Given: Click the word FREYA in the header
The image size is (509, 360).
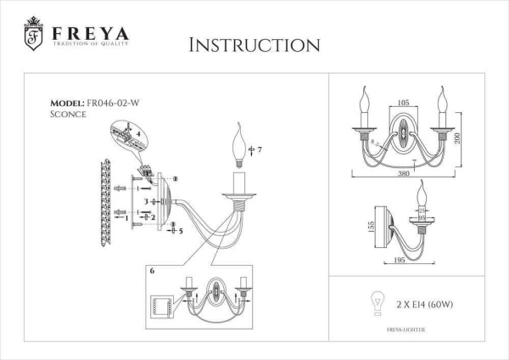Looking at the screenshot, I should coord(90,33).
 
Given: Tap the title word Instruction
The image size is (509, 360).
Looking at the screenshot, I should coord(254,44).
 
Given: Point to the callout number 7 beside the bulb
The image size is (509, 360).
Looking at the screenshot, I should coord(260,150).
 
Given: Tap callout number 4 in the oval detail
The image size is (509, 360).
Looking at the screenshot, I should coord(138,134).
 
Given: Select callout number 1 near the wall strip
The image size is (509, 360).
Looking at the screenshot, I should coord(128,217).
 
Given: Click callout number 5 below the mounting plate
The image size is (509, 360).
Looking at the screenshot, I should coord(181,230).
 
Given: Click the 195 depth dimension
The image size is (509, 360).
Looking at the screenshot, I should coord(400,262).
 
